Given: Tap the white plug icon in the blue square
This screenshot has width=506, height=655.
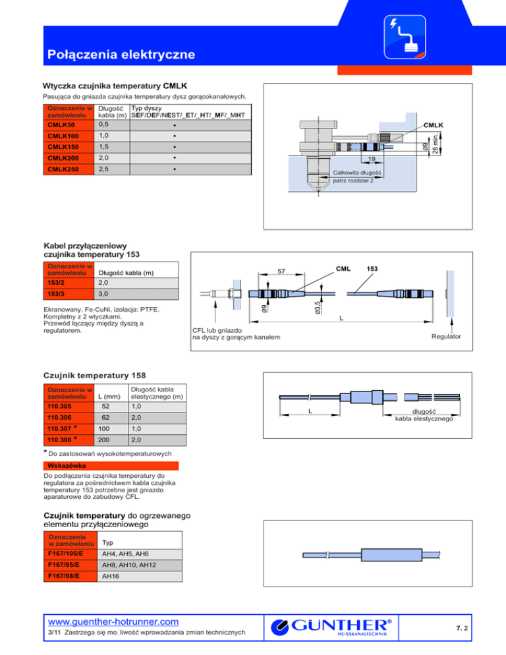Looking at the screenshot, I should pyautogui.click(x=405, y=36).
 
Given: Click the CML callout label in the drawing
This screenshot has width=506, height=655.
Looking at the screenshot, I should pyautogui.click(x=343, y=268).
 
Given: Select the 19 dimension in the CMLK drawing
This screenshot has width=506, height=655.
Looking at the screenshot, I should pyautogui.click(x=372, y=159).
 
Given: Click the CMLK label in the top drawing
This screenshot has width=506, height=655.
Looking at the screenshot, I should pyautogui.click(x=434, y=124).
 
